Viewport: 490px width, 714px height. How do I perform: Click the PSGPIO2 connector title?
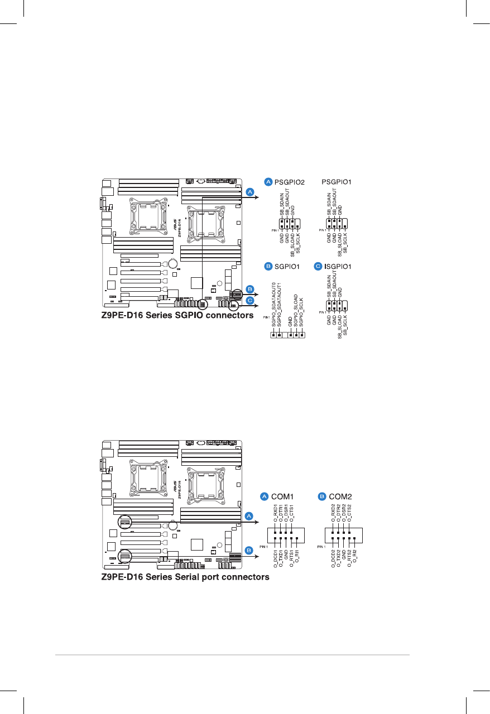(x=291, y=182)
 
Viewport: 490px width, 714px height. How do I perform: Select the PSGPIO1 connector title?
(x=340, y=182)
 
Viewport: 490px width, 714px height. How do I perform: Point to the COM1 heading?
(x=282, y=495)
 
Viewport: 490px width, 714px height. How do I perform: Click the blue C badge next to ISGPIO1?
(x=319, y=267)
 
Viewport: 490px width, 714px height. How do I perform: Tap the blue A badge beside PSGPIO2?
(x=268, y=182)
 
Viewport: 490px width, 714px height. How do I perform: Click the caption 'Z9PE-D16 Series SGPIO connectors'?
(x=177, y=315)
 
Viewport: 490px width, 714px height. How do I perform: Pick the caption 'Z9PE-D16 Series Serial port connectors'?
(x=185, y=577)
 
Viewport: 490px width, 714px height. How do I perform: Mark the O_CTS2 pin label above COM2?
(x=349, y=513)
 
